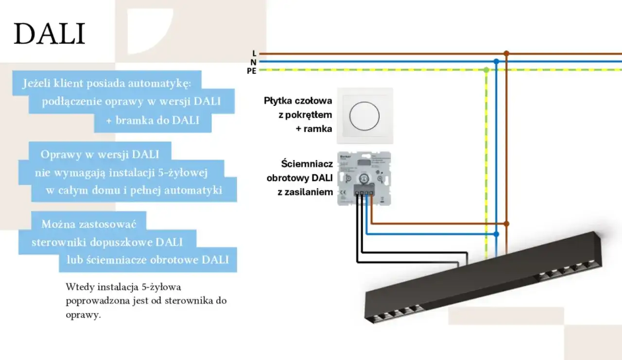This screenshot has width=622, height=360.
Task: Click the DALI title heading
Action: tap(49, 34)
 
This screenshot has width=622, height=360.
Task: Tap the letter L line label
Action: tap(254, 53)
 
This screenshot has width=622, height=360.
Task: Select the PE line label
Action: tap(251, 70)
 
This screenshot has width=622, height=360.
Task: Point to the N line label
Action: tap(254, 62)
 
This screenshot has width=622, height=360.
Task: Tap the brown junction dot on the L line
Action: tap(506, 53)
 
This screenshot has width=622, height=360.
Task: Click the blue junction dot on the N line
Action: tap(496, 62)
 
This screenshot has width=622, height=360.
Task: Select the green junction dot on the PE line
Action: tap(486, 70)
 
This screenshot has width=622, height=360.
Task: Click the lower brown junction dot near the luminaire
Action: tap(506, 223)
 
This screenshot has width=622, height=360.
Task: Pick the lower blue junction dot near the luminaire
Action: tap(496, 234)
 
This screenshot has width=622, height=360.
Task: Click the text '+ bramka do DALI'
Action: tap(153, 120)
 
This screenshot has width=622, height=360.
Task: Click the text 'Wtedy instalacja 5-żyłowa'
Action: tap(123, 287)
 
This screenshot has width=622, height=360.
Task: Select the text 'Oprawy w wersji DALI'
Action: tap(100, 154)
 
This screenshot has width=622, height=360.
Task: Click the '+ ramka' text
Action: tap(314, 129)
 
